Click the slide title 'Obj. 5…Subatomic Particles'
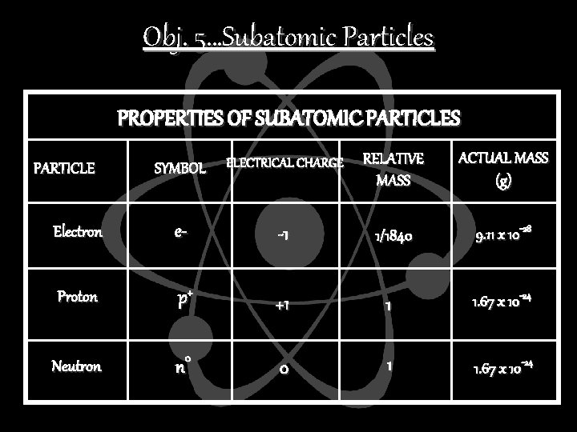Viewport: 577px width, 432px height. [288, 38]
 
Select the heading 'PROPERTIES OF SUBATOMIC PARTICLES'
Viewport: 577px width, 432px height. [288, 119]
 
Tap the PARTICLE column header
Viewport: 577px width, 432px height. [64, 168]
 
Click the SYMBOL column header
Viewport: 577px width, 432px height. [180, 169]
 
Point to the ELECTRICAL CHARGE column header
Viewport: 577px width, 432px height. [284, 163]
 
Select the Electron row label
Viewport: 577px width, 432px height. [78, 233]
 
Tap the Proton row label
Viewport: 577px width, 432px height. [78, 297]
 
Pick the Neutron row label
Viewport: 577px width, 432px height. [77, 366]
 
